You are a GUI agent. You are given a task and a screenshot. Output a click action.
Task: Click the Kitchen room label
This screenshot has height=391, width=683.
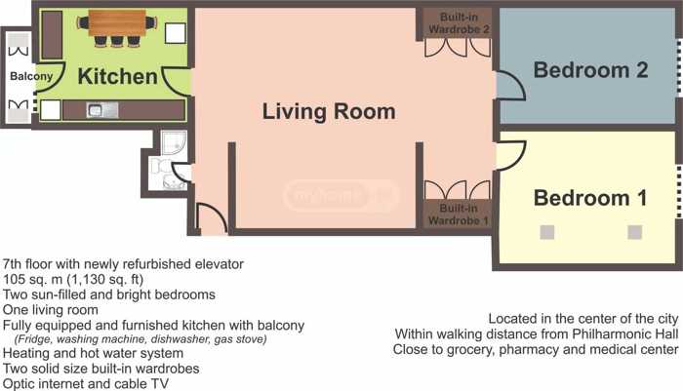118,76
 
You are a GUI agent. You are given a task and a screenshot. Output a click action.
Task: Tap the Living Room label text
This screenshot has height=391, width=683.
329,111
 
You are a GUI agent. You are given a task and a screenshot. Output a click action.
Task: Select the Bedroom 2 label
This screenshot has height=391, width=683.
590,70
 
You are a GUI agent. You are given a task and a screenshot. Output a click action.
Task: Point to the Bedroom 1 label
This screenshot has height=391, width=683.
590,198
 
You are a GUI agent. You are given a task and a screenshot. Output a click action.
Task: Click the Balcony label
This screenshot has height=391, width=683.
31,76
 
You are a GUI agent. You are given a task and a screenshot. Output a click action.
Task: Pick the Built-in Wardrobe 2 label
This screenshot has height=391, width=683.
459,23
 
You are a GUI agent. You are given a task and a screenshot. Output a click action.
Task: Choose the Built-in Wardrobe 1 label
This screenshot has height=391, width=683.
459,215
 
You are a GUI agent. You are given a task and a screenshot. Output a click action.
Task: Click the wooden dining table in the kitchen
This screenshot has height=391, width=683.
117,23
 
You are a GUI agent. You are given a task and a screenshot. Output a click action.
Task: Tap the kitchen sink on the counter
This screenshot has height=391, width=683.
102,110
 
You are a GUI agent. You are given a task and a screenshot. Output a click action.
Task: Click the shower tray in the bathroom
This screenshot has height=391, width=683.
175,142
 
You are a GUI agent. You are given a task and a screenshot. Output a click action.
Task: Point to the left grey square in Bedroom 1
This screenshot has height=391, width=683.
547,232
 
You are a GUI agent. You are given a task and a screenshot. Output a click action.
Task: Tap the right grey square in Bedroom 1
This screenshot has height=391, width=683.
635,232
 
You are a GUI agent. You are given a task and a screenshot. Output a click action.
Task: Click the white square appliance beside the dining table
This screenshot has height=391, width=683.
176,33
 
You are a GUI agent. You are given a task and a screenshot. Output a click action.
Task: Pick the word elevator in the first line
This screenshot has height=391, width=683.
220,264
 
